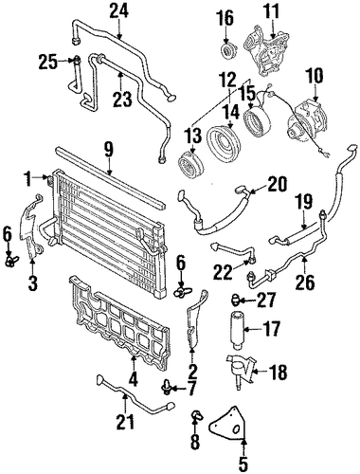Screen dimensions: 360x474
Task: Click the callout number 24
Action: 119,11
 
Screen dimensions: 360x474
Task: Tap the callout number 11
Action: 272,11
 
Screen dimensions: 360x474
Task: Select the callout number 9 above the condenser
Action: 109,151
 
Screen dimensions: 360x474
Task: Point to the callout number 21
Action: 125,420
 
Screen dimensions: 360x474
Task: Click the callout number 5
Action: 243,464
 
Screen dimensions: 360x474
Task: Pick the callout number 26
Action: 305,282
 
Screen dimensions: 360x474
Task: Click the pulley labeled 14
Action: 224,142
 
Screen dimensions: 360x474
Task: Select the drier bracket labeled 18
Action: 241,373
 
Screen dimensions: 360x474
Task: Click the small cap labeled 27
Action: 237,301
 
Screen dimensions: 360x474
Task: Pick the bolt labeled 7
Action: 166,389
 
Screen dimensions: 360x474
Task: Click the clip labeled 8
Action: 196,416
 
